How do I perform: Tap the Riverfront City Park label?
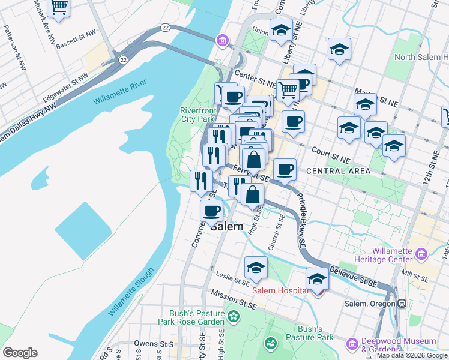click(197, 115)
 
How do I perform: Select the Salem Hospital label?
click(280, 291)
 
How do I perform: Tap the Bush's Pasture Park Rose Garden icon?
click(233, 316)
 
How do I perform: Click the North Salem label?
click(420, 58)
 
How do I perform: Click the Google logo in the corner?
click(20, 352)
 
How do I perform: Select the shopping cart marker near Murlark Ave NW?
click(59, 7)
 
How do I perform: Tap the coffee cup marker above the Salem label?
click(211, 211)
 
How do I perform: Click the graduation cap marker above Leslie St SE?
click(256, 267)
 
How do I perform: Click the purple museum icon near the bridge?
click(223, 40)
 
